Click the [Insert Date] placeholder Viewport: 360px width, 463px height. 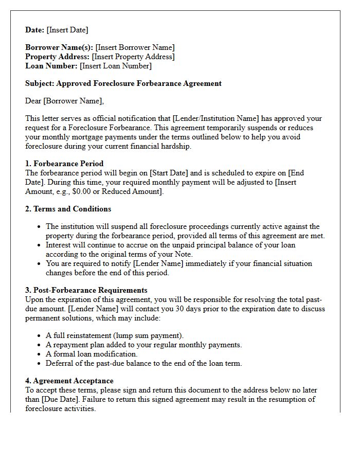pos(67,30)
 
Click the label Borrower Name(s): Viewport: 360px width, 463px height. pos(59,47)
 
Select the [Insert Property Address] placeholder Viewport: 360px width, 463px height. pos(133,57)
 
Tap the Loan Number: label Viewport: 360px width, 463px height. pos(51,66)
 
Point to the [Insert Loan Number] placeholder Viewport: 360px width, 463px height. pos(115,66)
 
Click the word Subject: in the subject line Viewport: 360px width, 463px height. pos(40,83)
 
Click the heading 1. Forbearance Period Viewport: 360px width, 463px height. pos(64,164)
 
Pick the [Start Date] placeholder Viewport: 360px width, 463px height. pos(168,173)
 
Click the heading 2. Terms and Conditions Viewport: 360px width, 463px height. pos(68,209)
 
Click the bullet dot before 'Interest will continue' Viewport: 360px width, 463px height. pos(40,245)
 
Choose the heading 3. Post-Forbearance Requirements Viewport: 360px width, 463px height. pos(86,290)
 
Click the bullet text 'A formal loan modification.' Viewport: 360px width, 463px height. pos(92,354)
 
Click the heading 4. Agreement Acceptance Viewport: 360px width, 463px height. pos(69,381)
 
